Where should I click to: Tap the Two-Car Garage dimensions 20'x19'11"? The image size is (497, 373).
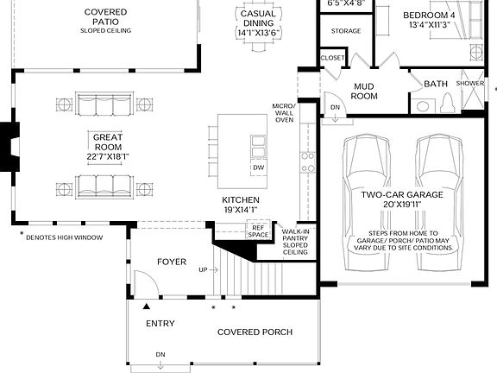(x=402, y=206)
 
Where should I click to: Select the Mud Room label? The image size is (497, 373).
(x=365, y=92)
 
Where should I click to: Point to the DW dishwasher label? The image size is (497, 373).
(x=258, y=167)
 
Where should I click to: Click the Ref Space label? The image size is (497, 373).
(x=258, y=231)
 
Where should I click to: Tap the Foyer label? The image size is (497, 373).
(x=171, y=262)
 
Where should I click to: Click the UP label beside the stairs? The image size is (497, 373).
(x=203, y=270)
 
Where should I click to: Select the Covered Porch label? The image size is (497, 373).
(x=255, y=332)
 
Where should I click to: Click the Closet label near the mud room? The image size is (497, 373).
(x=332, y=58)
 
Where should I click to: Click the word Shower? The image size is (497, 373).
(x=470, y=83)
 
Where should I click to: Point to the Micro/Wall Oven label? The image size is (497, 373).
(x=283, y=112)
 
